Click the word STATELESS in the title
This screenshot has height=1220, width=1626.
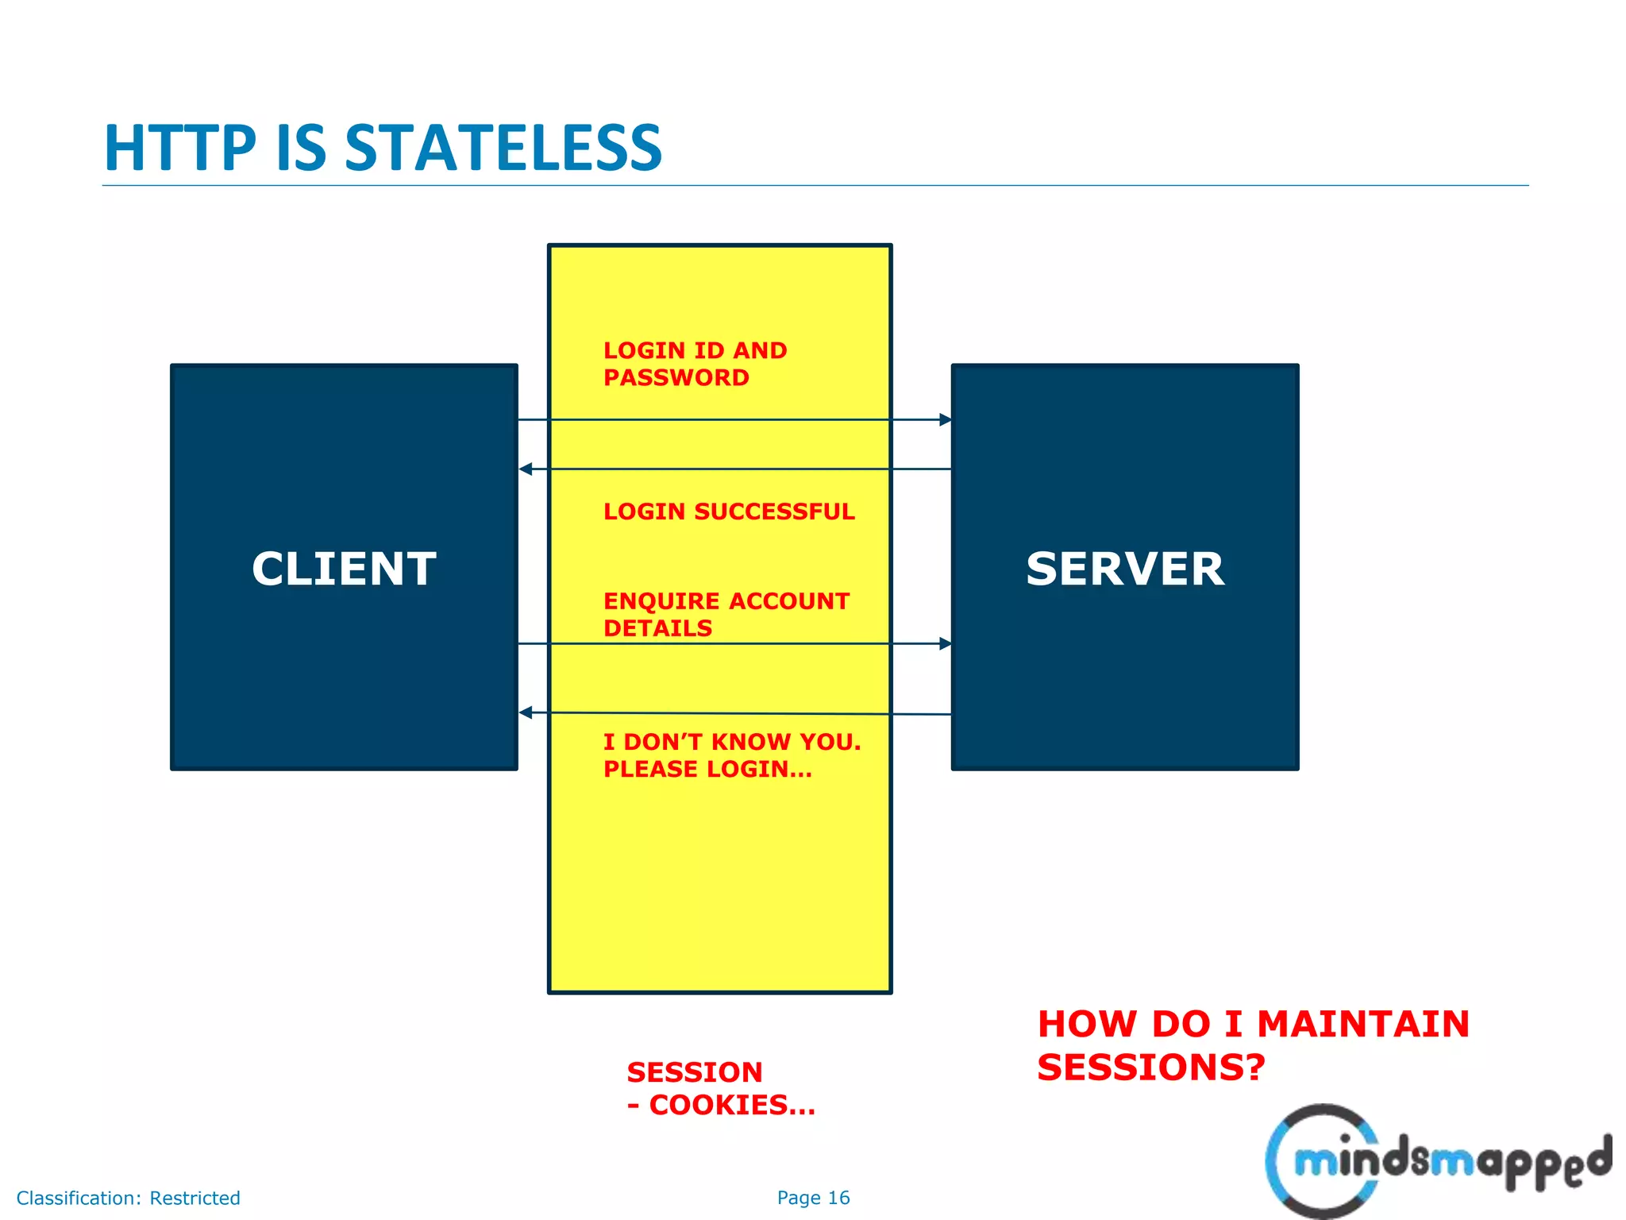tap(503, 149)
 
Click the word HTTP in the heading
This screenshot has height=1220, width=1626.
tap(180, 149)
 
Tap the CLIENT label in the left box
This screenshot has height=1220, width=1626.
tap(344, 569)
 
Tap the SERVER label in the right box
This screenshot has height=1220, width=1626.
tap(1125, 569)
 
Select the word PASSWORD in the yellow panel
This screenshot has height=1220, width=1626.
tap(676, 378)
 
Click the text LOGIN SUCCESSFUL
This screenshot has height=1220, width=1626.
tap(729, 512)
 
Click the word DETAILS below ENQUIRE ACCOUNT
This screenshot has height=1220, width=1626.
tap(657, 628)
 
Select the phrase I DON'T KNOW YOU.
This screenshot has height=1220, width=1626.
tap(731, 742)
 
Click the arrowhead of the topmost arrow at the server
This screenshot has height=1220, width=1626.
tap(945, 419)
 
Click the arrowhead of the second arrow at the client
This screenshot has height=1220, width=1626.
tap(526, 469)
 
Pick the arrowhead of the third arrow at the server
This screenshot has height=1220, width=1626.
tap(945, 643)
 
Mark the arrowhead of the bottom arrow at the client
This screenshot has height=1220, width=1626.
tap(526, 712)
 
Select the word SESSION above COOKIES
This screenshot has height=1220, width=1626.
tap(695, 1072)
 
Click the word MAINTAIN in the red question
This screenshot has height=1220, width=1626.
tap(1363, 1024)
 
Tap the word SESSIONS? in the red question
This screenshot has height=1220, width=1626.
tap(1150, 1067)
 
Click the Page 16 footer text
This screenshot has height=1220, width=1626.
tap(813, 1198)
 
